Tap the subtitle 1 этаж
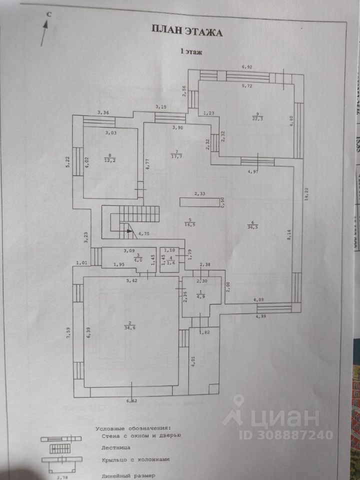pos(191,51)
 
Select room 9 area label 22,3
pos(257,118)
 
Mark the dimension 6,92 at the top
pos(247,66)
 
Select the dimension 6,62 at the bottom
pos(132,400)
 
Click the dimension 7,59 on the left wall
pos(68,333)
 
